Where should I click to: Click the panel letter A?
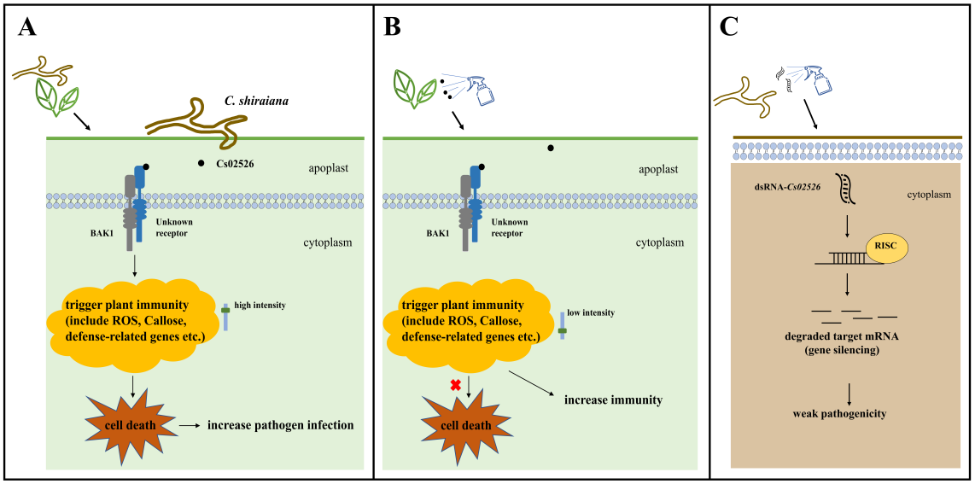[x=27, y=28]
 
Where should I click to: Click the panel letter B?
[x=393, y=28]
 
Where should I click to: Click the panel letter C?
[x=730, y=27]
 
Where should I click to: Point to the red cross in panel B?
[x=455, y=385]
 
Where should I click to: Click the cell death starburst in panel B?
[x=464, y=425]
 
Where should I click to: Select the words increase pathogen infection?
[x=280, y=424]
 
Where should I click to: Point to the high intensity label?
[x=260, y=305]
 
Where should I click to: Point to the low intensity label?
[x=590, y=312]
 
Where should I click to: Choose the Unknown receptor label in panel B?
[x=510, y=227]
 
